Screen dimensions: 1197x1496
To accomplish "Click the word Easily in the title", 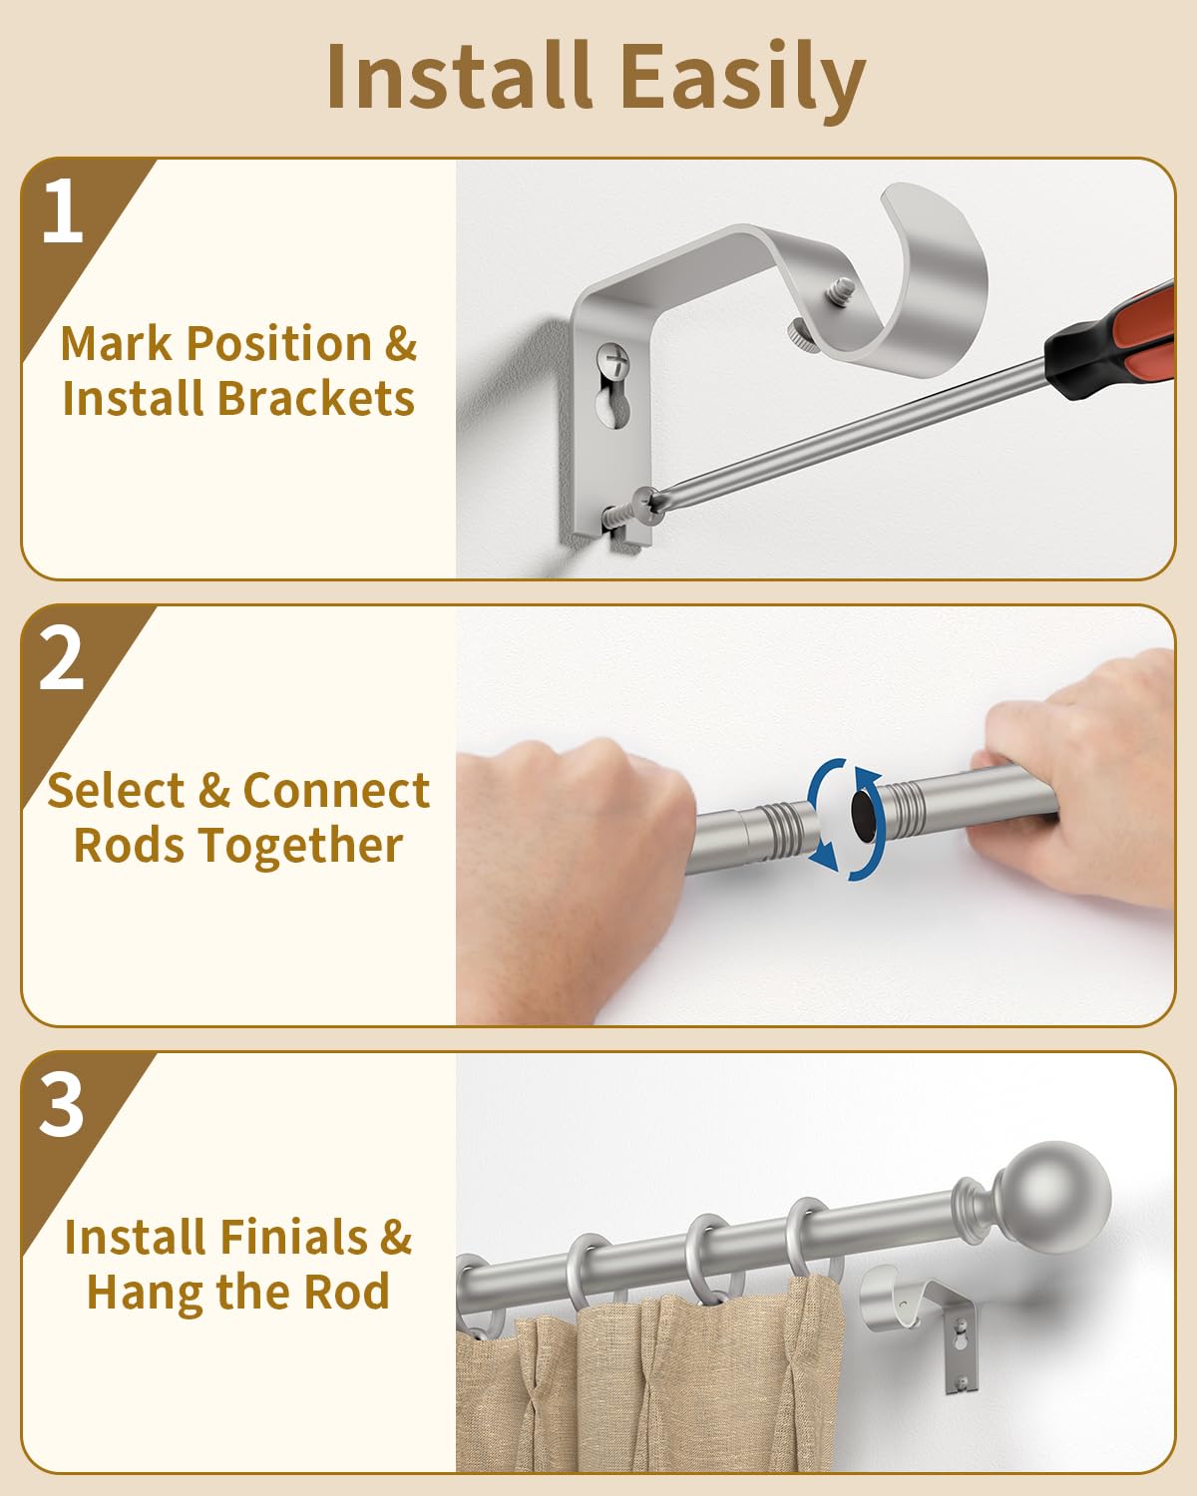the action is point(743,78).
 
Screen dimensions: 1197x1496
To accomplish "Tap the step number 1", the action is point(63,210).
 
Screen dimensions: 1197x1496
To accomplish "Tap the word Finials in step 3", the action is point(294,1238).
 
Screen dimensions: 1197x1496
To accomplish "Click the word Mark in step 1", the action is point(116,343).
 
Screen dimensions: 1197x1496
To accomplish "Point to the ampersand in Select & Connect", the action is point(214,791).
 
